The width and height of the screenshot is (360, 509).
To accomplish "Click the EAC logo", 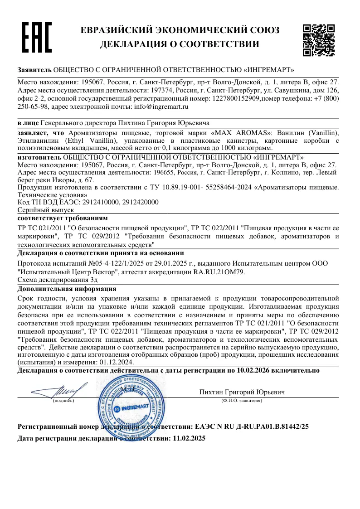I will pos(37,37).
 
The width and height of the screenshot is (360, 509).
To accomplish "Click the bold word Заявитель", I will pos(34,70).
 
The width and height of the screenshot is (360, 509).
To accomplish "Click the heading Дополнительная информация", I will pos(67,289).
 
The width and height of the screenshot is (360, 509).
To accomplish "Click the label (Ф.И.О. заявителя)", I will pos(241,401).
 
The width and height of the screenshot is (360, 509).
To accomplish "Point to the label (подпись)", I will pos(63,401).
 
